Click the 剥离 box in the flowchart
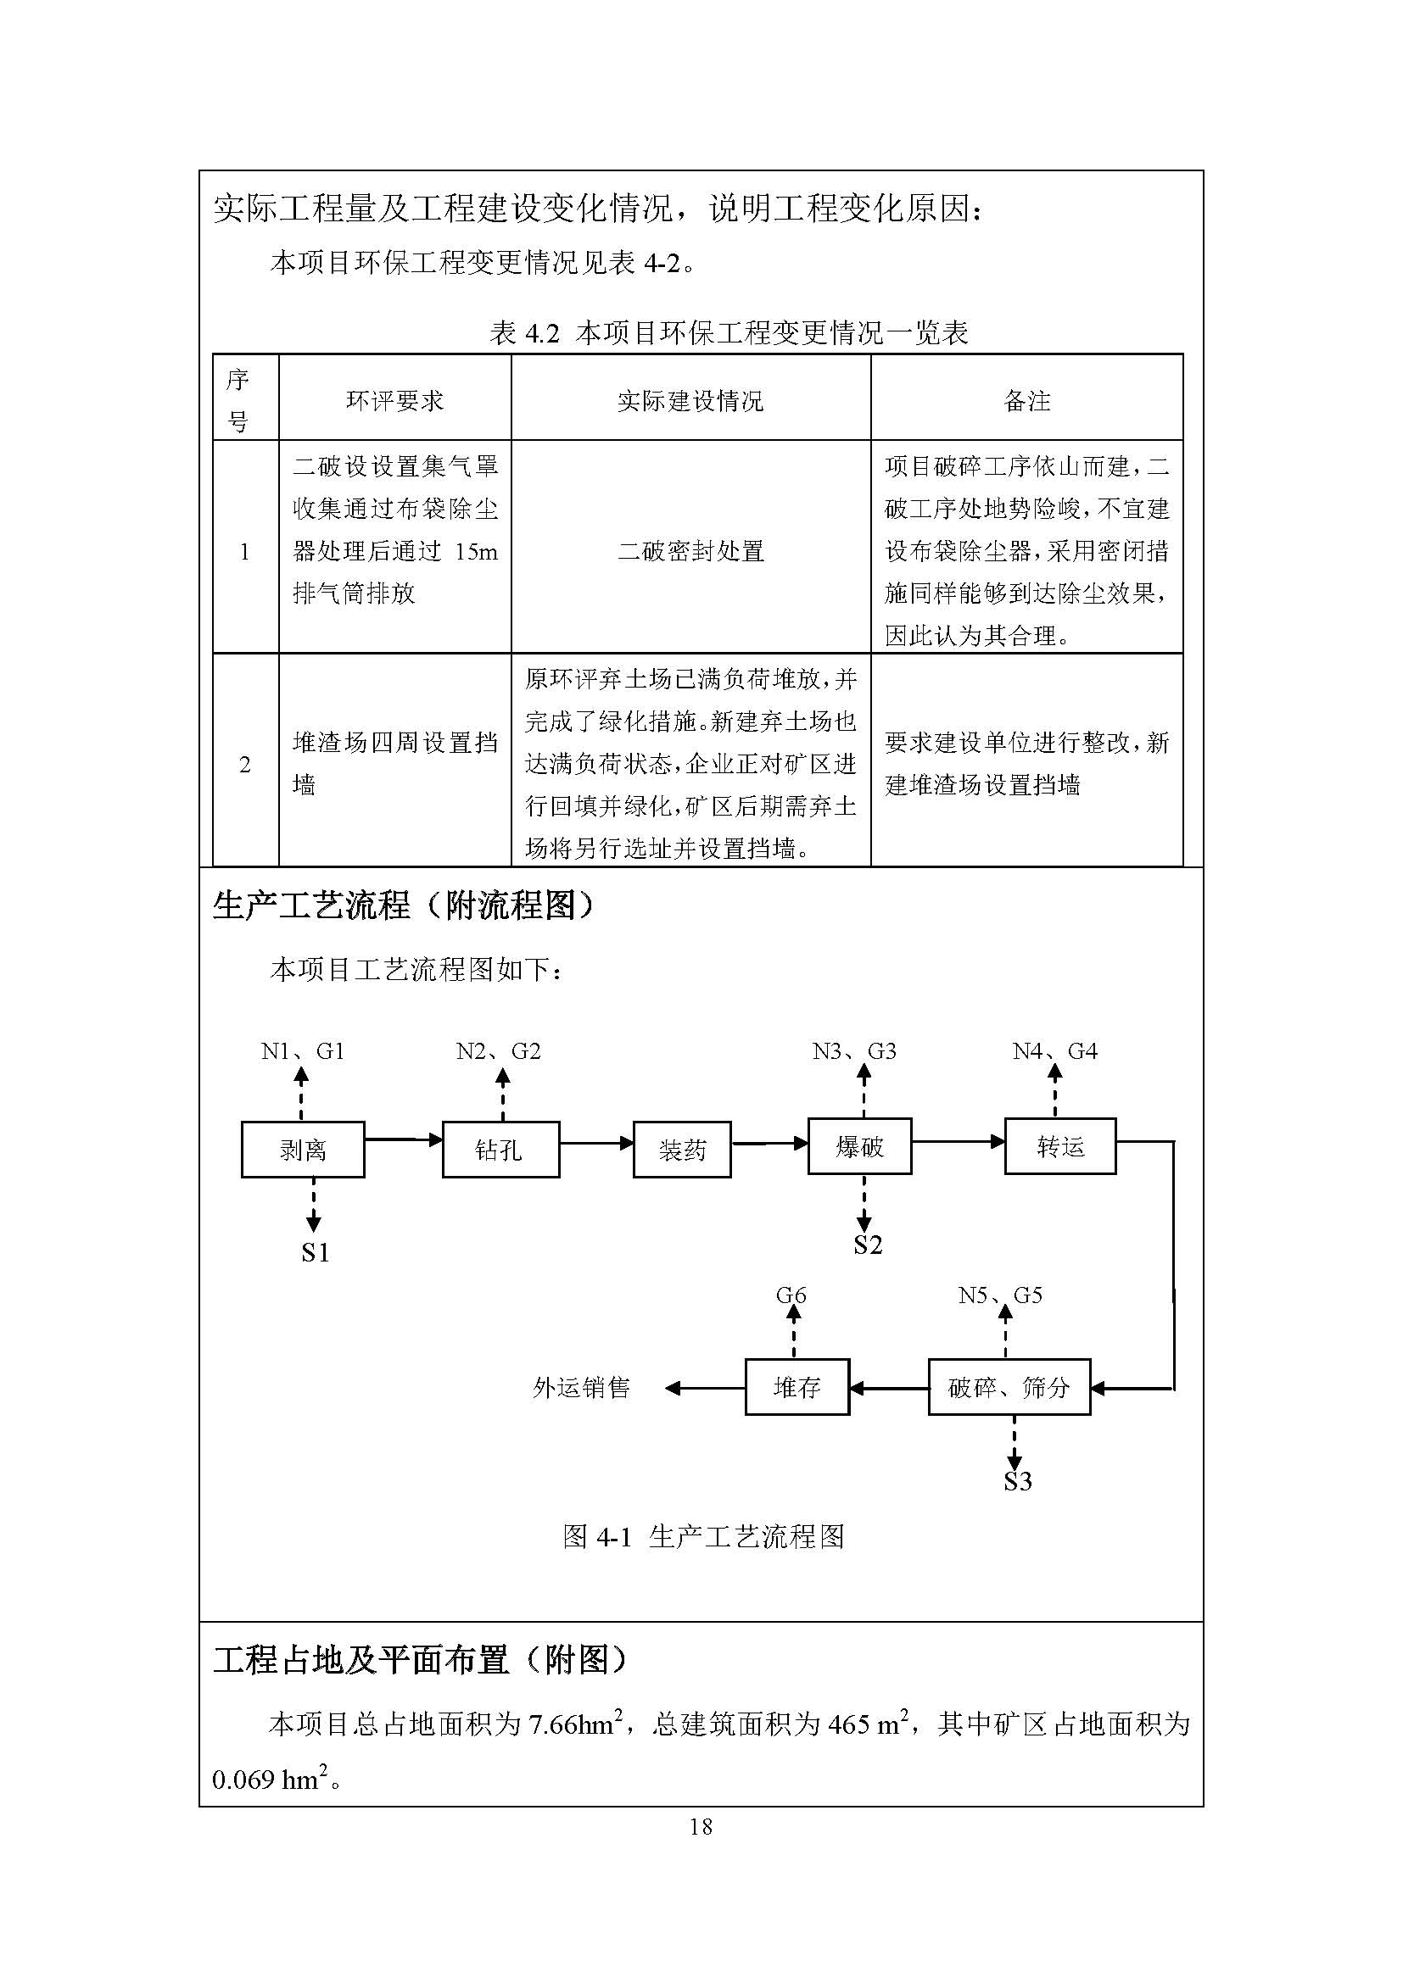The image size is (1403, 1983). (x=302, y=1150)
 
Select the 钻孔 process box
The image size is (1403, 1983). (x=500, y=1150)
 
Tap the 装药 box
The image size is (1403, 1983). (x=682, y=1150)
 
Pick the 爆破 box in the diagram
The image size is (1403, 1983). (x=859, y=1146)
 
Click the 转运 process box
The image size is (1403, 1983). (x=1060, y=1146)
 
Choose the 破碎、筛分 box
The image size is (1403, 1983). (x=1009, y=1387)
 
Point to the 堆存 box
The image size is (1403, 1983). (x=797, y=1387)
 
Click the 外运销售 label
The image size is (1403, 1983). (x=581, y=1388)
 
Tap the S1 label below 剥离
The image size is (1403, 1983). (x=315, y=1252)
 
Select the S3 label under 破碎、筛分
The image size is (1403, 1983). (x=1018, y=1482)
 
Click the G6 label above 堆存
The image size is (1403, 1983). (x=791, y=1295)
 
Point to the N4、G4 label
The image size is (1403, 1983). (x=1055, y=1051)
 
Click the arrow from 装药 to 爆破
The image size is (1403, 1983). (x=769, y=1144)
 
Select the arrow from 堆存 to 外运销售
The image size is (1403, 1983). (x=705, y=1388)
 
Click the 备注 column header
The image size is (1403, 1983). (x=1026, y=401)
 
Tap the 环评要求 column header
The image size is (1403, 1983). (x=394, y=401)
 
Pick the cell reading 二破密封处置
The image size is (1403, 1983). (x=690, y=550)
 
